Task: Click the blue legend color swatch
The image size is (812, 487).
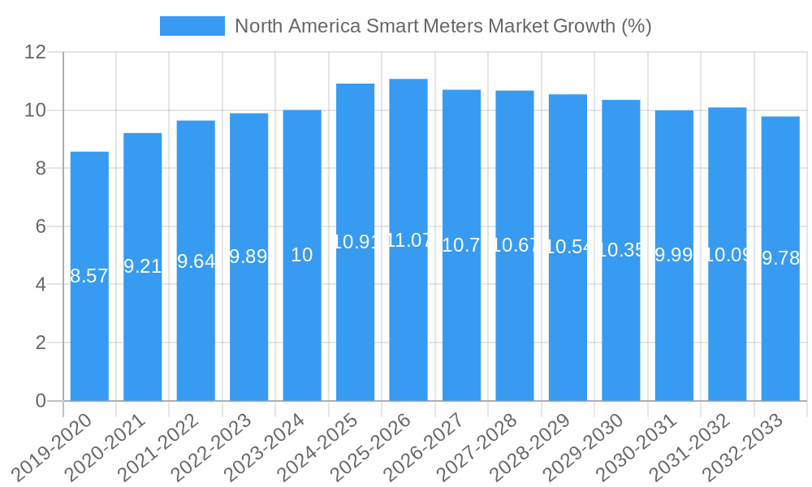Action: pos(192,26)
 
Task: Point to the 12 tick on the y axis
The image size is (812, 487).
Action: pos(35,52)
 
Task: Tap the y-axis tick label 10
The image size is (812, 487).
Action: pos(35,110)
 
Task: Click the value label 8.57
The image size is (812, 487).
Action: pos(89,277)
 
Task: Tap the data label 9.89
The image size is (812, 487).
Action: pos(248,257)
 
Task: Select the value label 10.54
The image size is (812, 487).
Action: pos(568,248)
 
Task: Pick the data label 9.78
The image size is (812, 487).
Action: pos(780,259)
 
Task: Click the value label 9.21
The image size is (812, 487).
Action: pos(142,267)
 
